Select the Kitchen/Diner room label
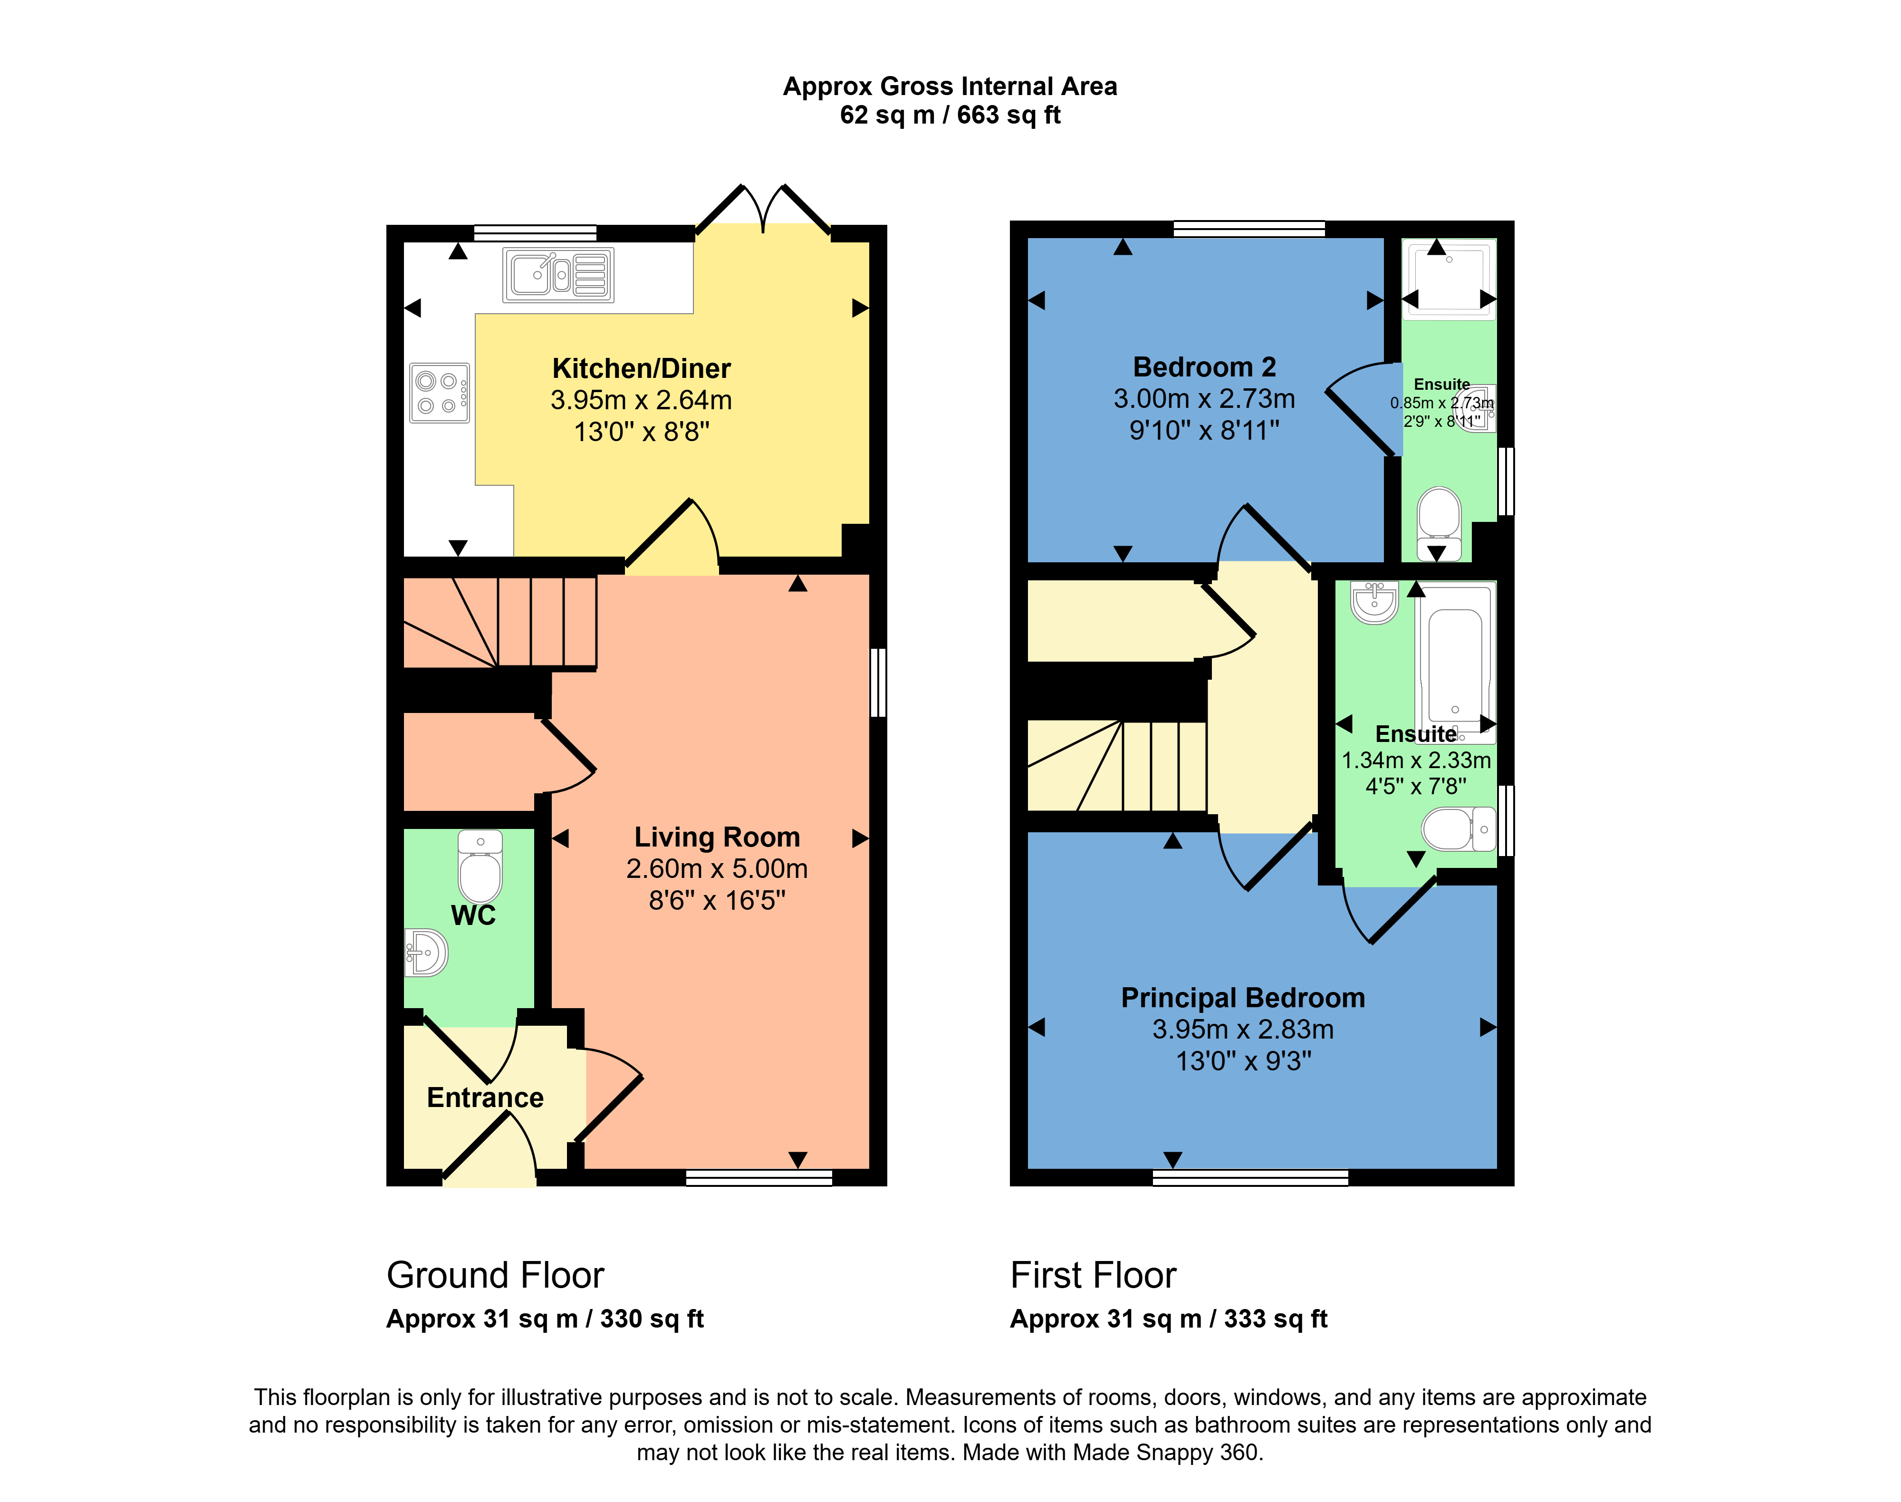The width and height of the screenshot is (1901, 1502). [641, 368]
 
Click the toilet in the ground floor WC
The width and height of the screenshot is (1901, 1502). [480, 866]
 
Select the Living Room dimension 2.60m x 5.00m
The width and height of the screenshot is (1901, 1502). [717, 869]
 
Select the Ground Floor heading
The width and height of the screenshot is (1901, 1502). [495, 1275]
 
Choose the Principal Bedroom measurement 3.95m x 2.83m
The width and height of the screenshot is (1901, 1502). [1242, 1030]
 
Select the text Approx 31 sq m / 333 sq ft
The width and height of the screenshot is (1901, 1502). [1169, 1319]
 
